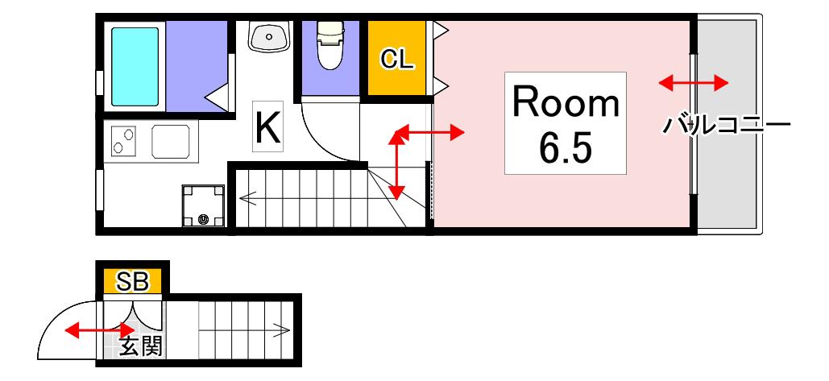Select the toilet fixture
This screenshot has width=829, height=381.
pyautogui.click(x=330, y=45)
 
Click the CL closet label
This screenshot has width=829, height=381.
pyautogui.click(x=398, y=60)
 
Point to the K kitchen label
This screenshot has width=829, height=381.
pyautogui.click(x=268, y=126)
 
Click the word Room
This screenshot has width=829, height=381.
pyautogui.click(x=566, y=103)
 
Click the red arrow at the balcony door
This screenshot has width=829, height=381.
pyautogui.click(x=694, y=82)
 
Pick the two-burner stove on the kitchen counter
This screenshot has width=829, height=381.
pyautogui.click(x=122, y=141)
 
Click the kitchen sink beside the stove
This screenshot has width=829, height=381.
pyautogui.click(x=171, y=142)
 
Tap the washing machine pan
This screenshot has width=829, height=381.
pyautogui.click(x=204, y=205)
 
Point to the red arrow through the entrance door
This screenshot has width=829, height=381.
pyautogui.click(x=100, y=331)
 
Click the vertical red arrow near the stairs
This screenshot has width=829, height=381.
pyautogui.click(x=397, y=164)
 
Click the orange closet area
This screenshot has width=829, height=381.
pyautogui.click(x=396, y=58)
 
